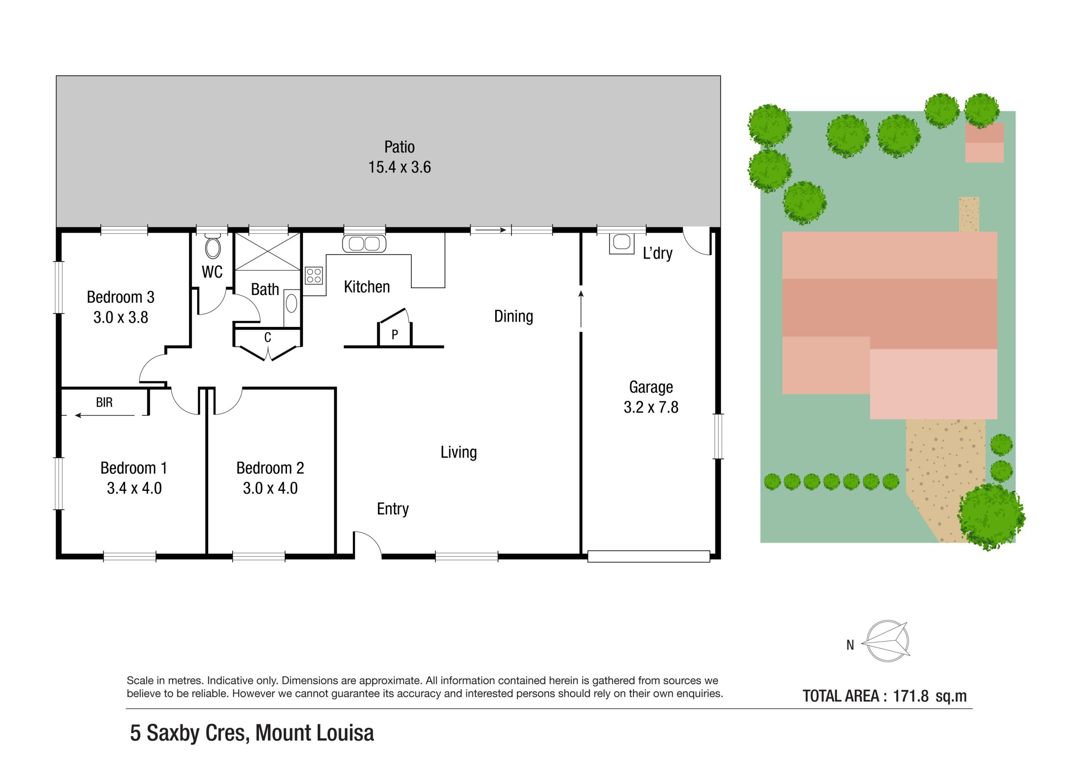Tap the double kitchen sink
364,244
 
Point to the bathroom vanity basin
291,303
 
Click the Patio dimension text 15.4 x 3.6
400,167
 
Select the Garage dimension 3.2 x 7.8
651,407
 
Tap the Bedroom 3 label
121,297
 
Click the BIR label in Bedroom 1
105,403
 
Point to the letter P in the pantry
395,335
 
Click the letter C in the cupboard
267,337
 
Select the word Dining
514,317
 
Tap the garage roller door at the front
649,556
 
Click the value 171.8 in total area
911,696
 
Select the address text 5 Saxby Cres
190,734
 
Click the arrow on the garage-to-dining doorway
581,309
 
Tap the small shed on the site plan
985,143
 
